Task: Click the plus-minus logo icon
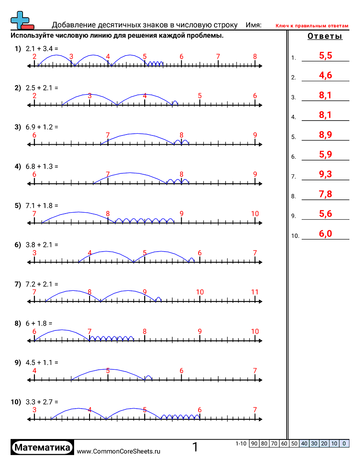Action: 21,20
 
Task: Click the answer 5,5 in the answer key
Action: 325,55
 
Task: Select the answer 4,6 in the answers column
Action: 325,75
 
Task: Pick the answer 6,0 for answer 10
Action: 325,234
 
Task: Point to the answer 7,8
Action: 325,194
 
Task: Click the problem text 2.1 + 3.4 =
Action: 42,49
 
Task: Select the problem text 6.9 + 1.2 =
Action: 42,127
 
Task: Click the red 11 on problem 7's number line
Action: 255,292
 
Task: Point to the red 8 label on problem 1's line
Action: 255,56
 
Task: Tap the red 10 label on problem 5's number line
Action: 255,214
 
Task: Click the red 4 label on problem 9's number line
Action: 34,371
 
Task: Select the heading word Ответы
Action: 325,37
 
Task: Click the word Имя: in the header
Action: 253,25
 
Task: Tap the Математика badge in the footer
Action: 42,447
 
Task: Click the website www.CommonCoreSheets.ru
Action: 119,451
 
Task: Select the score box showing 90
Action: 254,443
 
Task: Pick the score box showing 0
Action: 344,443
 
